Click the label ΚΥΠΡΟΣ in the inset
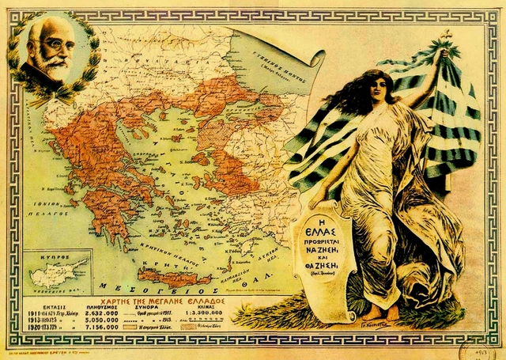40,259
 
